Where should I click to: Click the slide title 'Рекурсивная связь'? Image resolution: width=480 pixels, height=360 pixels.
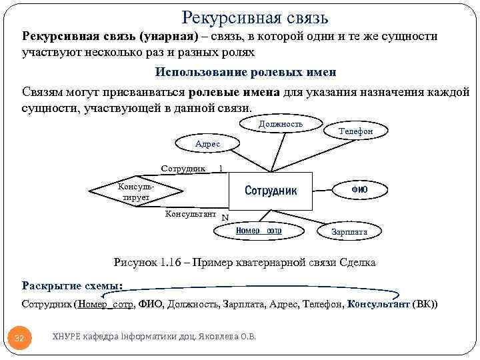(x=255, y=17)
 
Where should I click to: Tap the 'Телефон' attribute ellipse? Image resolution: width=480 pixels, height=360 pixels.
(x=356, y=131)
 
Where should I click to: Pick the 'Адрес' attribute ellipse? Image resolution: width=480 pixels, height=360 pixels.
(x=207, y=144)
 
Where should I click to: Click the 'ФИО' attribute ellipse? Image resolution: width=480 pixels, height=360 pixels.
(x=359, y=190)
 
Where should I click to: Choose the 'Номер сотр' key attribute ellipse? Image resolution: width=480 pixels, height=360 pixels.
(x=259, y=231)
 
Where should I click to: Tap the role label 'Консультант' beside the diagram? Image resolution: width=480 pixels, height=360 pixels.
(x=190, y=214)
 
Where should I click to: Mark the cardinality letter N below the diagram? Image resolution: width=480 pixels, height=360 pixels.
(x=225, y=217)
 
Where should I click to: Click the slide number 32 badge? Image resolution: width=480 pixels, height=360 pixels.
(x=19, y=338)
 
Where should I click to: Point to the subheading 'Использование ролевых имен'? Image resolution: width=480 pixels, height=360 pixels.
(x=245, y=71)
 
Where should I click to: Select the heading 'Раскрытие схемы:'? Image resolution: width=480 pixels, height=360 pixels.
(x=72, y=286)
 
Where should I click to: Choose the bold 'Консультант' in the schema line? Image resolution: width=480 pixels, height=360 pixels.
(x=379, y=304)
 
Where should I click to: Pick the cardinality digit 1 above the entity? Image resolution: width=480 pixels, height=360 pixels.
(x=221, y=169)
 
